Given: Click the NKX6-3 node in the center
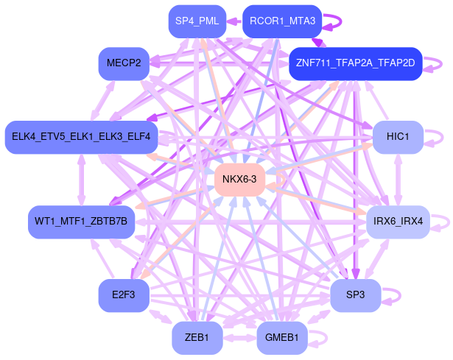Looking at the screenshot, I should coord(239,180).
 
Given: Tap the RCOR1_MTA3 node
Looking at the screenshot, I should coord(281,21).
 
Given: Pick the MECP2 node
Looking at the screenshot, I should coord(124,63).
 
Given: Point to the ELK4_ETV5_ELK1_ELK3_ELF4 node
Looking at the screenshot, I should coord(81,136).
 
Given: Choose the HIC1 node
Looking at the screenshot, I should coord(397,136).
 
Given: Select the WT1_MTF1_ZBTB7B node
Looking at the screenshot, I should coord(81,221).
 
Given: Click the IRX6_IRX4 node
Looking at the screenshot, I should coord(398,221).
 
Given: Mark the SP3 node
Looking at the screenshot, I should coord(355,294).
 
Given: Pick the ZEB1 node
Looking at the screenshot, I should coord(197,338).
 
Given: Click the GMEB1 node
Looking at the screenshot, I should coord(281,338).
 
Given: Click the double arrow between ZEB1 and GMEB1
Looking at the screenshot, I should coord(239,338).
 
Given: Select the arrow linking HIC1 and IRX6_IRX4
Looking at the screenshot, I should coord(398,178).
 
